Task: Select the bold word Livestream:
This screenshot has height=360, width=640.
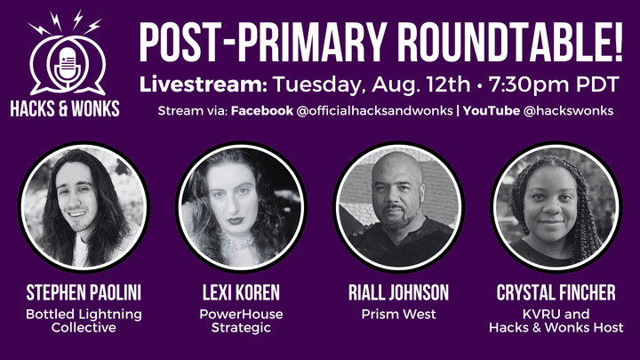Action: click(203, 84)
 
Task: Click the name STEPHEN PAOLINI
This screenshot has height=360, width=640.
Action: click(83, 292)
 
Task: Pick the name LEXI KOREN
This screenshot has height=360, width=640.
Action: click(241, 292)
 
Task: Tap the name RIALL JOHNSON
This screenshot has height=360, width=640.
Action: click(399, 292)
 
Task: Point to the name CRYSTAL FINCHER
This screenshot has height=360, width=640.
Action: click(556, 292)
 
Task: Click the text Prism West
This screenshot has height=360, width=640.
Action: click(399, 314)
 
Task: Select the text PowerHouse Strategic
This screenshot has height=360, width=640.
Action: click(241, 321)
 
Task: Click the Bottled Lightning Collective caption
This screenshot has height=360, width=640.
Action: click(83, 321)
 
